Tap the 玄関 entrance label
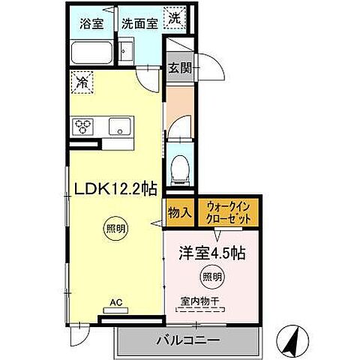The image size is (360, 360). (178, 67)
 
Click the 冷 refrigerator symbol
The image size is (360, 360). (82, 82)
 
